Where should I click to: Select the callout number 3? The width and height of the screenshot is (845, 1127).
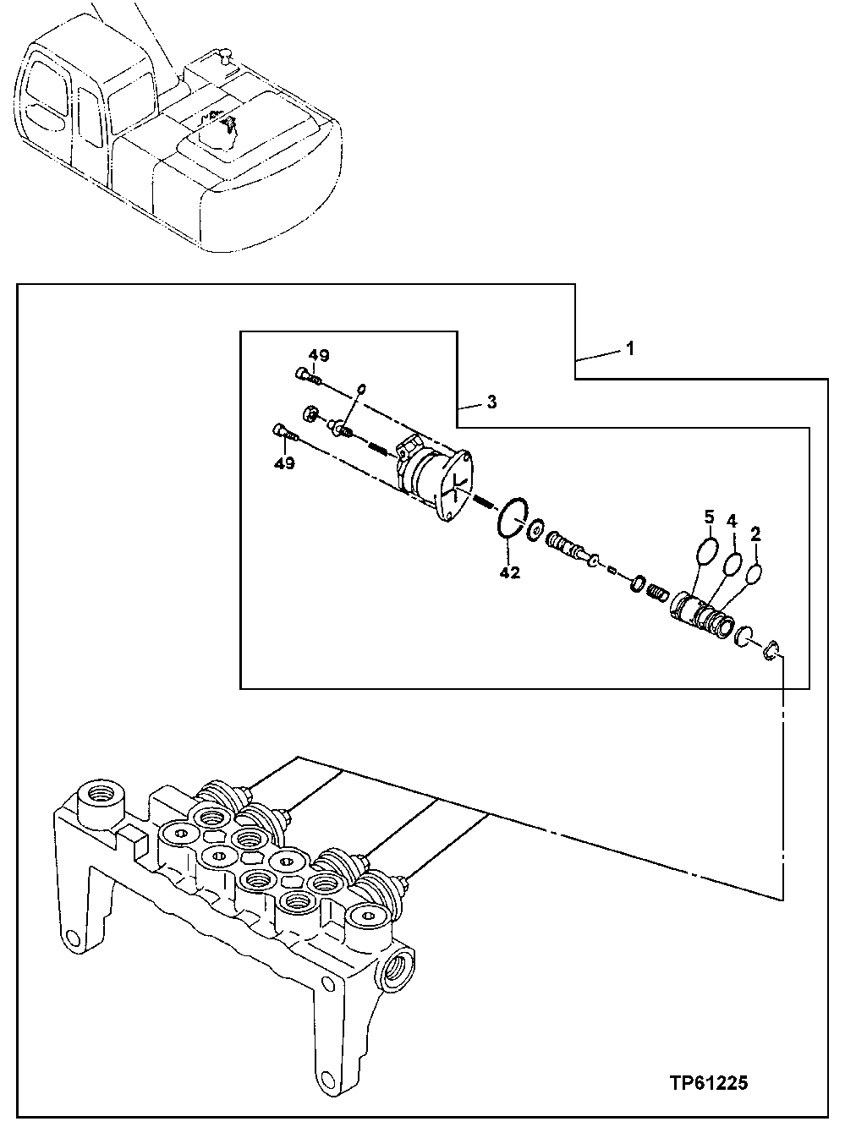(491, 402)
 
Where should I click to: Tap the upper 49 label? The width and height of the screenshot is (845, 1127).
(318, 356)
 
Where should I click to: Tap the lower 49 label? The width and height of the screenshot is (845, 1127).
(284, 463)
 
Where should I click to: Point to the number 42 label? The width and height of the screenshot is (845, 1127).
(509, 572)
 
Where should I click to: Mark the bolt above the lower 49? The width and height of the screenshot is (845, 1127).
(284, 432)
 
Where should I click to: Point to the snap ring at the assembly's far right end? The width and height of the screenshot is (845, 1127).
(772, 649)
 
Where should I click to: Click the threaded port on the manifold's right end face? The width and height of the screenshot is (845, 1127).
(398, 967)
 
